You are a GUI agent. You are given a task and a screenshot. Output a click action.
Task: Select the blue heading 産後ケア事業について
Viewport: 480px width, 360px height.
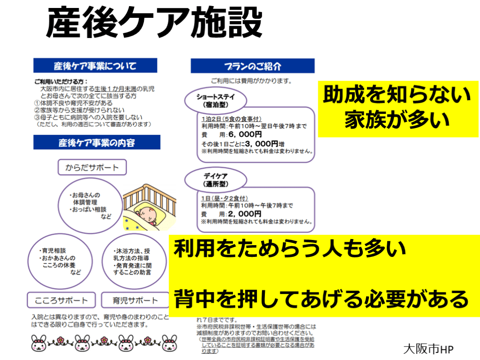tap(95, 65)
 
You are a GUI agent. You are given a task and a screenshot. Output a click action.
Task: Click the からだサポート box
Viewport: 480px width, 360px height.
tap(92, 167)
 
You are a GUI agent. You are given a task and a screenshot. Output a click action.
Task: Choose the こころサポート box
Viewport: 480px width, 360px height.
tap(61, 300)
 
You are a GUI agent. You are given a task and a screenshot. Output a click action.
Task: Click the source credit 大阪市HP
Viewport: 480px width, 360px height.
tap(428, 349)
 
